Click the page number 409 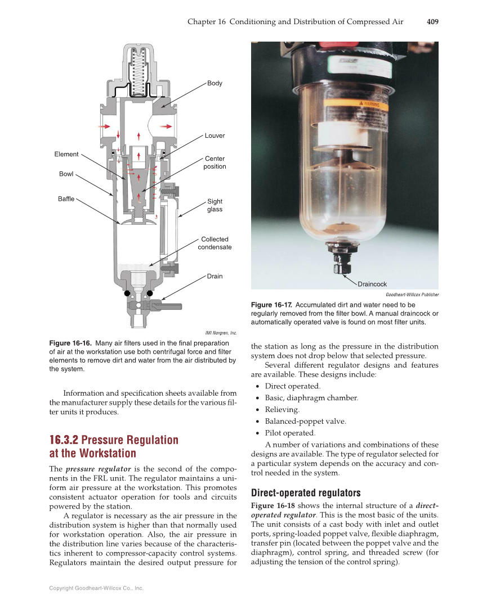coord(432,22)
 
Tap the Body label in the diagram coord(215,83)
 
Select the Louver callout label coord(215,135)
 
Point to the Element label coord(66,154)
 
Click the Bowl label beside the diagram coord(66,174)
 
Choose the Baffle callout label coord(66,199)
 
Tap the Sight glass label coord(215,205)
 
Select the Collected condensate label coord(215,243)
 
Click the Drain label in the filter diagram coord(215,276)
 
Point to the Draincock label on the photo coord(372,284)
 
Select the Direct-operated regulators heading coord(305,493)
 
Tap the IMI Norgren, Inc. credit coord(222,332)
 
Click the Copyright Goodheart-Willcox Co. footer coord(96,588)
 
